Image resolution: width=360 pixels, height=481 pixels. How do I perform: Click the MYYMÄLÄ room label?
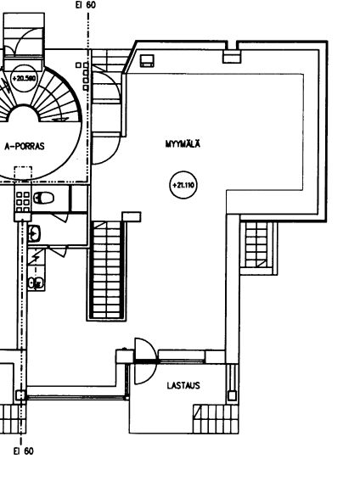[183, 144]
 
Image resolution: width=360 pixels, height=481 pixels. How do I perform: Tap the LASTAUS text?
[183, 385]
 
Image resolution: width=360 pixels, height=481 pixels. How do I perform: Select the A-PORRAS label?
[25, 146]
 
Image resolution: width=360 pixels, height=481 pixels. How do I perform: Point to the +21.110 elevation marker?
[183, 185]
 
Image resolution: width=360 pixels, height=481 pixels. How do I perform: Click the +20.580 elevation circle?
[24, 78]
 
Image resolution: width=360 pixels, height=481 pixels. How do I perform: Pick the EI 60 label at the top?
[86, 5]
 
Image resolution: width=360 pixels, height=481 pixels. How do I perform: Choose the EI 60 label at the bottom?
[24, 451]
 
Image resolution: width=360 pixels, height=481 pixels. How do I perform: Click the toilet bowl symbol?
[43, 198]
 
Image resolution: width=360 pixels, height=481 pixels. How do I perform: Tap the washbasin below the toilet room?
[34, 233]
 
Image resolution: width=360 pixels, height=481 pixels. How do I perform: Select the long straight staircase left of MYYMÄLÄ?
[106, 270]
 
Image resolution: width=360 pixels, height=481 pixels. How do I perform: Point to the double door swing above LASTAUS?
[146, 361]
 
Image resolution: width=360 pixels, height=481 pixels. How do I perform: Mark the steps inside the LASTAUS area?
[216, 419]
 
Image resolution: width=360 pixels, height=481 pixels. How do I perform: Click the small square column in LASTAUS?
[232, 395]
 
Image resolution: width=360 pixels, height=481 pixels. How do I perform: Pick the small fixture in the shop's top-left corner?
[147, 60]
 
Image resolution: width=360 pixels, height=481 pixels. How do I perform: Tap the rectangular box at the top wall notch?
[232, 57]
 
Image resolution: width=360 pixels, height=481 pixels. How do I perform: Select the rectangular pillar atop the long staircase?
[132, 216]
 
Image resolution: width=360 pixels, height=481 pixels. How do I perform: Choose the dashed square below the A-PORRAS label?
[23, 173]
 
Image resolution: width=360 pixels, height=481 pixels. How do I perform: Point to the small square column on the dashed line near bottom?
[21, 395]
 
